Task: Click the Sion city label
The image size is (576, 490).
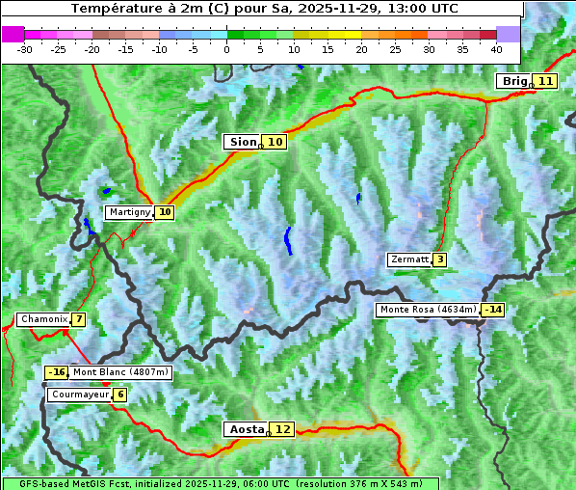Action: pyautogui.click(x=242, y=142)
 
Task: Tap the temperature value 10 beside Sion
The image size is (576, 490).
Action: pyautogui.click(x=275, y=142)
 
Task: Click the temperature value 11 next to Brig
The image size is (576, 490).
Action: pyautogui.click(x=545, y=81)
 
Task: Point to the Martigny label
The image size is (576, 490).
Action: pyautogui.click(x=129, y=212)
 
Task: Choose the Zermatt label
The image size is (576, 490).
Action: pyautogui.click(x=409, y=259)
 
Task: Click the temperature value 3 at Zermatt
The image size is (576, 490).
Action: pyautogui.click(x=439, y=259)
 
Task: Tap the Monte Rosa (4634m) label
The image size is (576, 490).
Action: pyautogui.click(x=428, y=310)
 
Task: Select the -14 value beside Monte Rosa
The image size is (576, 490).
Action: pyautogui.click(x=493, y=310)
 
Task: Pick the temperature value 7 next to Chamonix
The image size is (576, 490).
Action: pyautogui.click(x=78, y=319)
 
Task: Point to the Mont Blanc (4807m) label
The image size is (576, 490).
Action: pyautogui.click(x=120, y=372)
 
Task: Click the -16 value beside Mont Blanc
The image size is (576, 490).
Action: pyautogui.click(x=57, y=372)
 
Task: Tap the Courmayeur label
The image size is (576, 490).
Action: pyautogui.click(x=79, y=395)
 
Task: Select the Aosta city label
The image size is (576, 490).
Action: pyautogui.click(x=245, y=429)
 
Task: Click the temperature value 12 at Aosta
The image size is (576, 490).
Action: pyautogui.click(x=281, y=429)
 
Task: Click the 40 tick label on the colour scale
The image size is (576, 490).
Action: pyautogui.click(x=496, y=48)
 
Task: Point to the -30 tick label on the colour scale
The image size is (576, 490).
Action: pyautogui.click(x=25, y=48)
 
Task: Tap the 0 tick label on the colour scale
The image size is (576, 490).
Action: pyautogui.click(x=226, y=48)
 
